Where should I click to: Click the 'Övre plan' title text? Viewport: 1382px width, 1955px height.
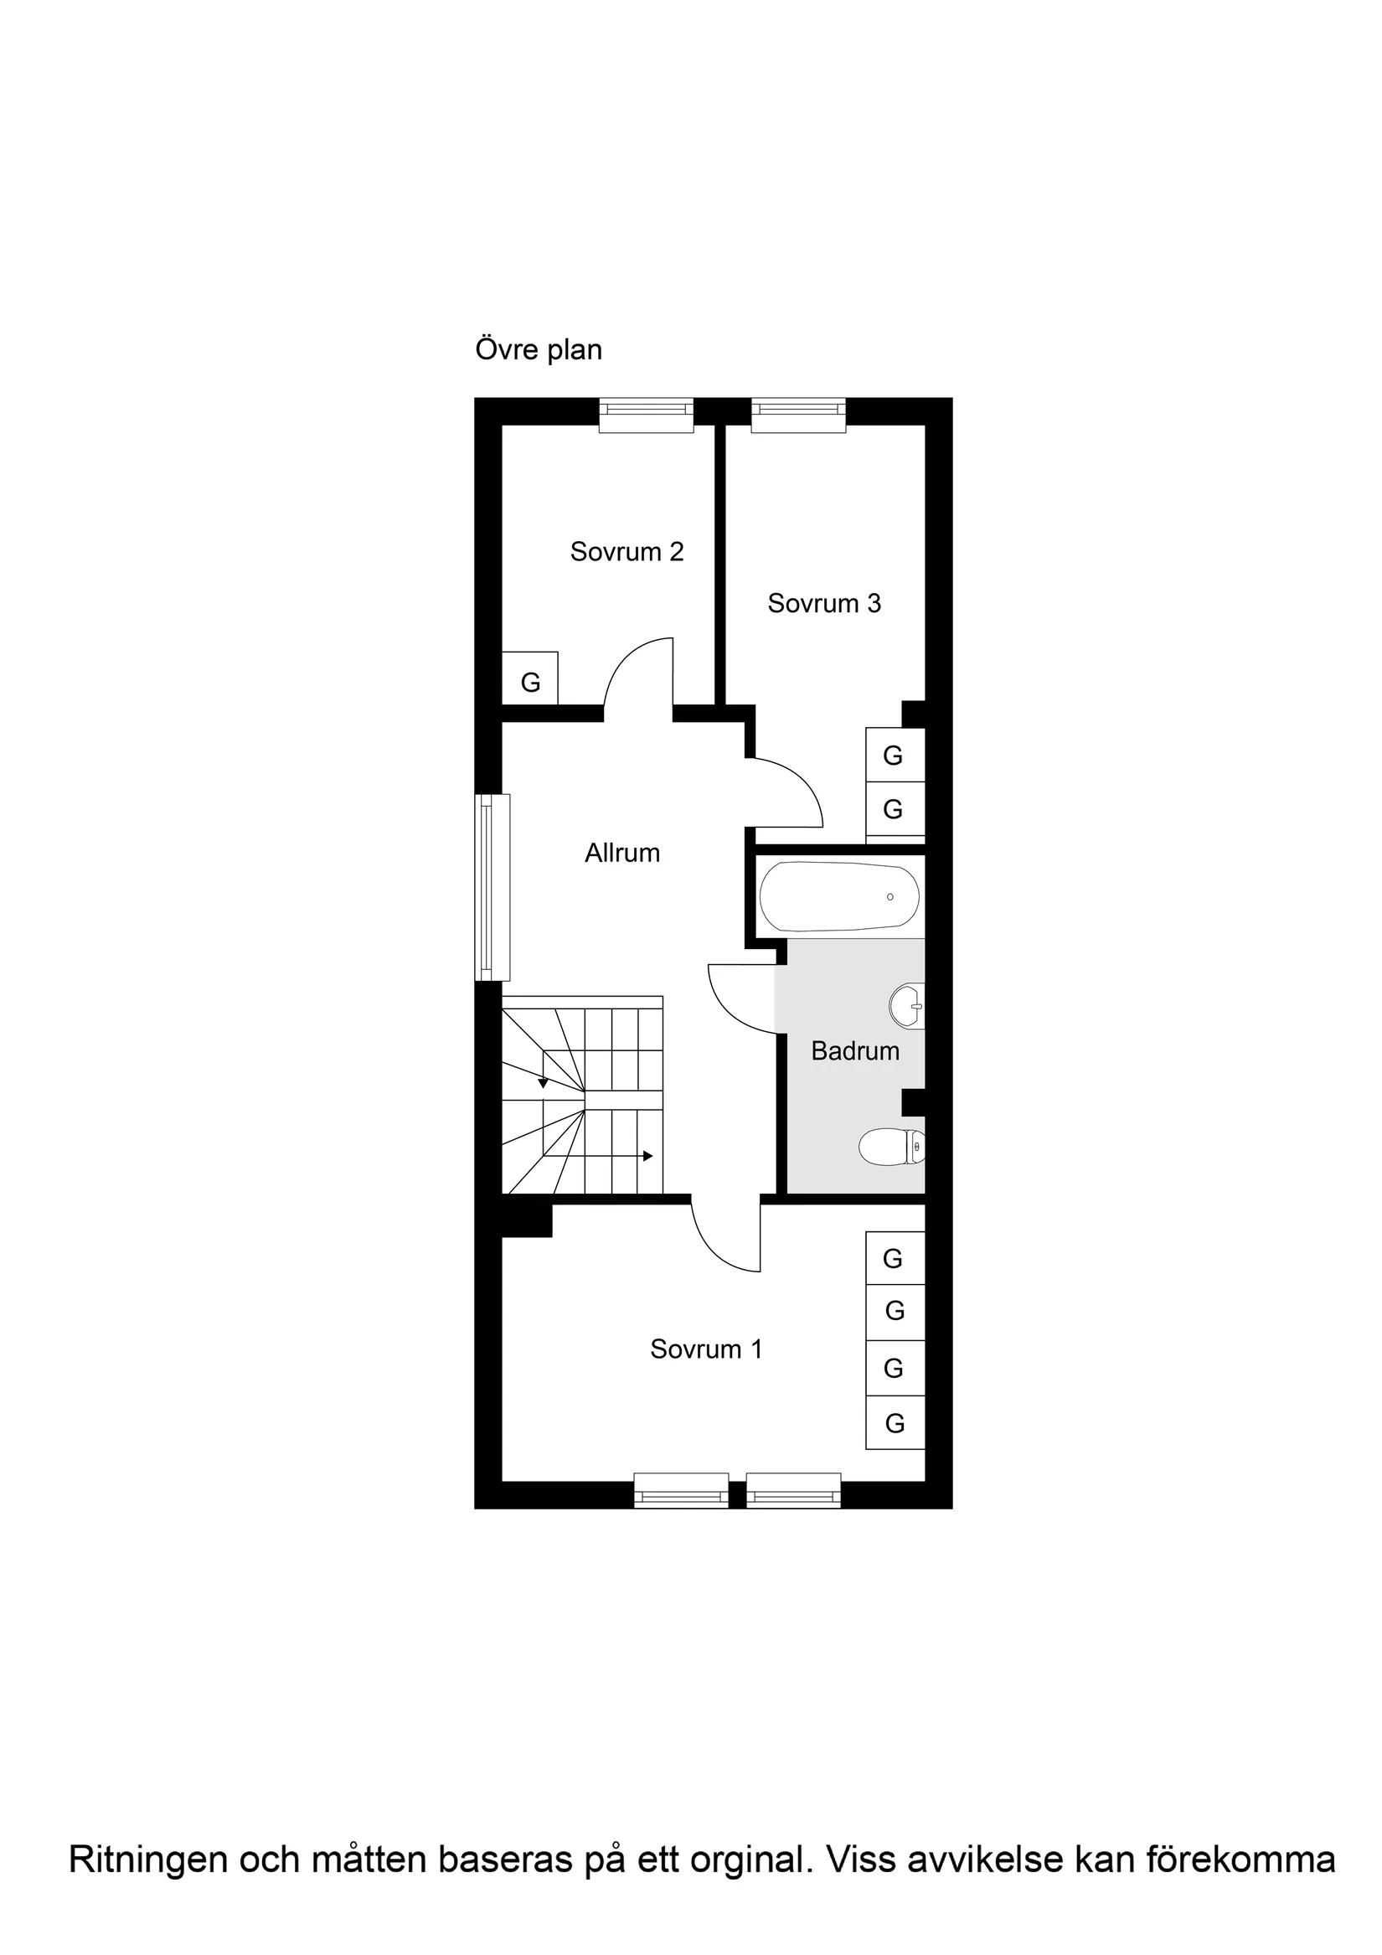[x=539, y=350]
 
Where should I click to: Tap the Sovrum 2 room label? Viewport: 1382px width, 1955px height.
[x=627, y=552]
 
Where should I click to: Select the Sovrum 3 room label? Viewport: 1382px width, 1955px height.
[x=823, y=604]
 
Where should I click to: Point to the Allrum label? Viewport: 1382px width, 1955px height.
[x=621, y=854]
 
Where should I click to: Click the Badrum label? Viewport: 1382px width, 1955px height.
[x=855, y=1051]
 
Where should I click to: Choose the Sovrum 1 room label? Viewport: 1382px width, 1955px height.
[x=706, y=1349]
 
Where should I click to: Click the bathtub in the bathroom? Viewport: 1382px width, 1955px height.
[x=838, y=897]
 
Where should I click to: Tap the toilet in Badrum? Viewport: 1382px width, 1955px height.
[x=890, y=1147]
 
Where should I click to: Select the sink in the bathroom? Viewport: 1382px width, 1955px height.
[x=906, y=1007]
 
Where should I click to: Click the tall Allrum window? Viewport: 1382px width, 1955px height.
[x=493, y=887]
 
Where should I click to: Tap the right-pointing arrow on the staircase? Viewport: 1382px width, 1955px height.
[x=647, y=1156]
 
